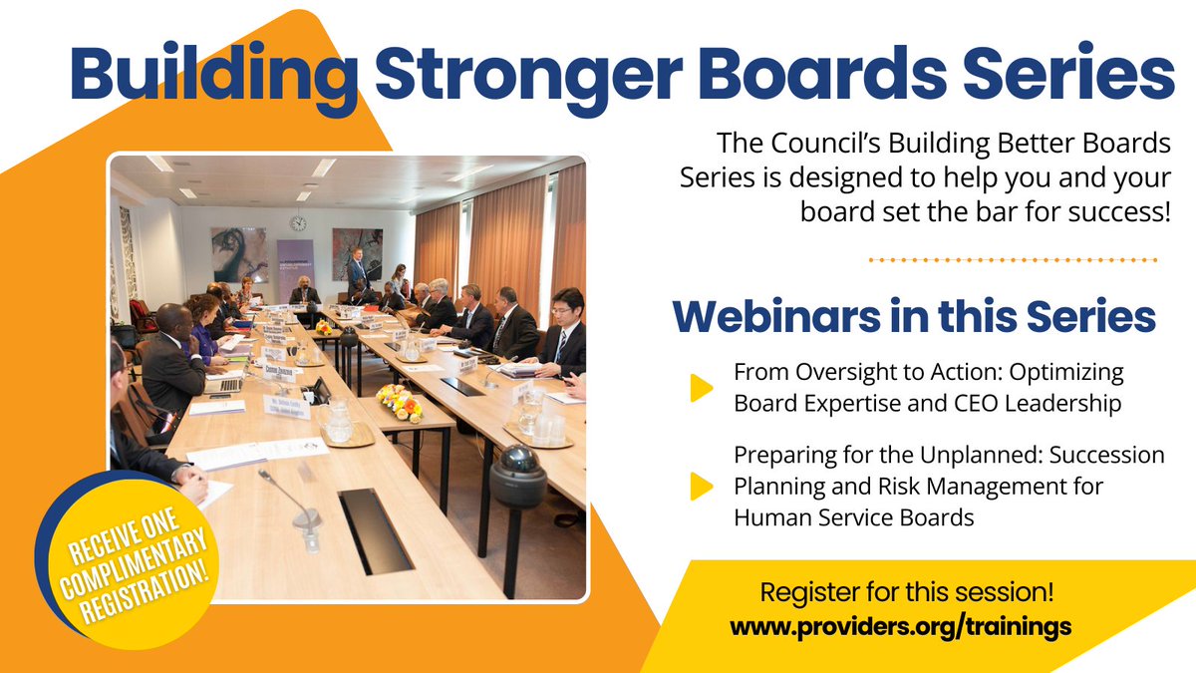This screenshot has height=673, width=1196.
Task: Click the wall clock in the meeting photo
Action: tap(298, 223)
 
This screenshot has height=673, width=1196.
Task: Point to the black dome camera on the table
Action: tap(518, 476)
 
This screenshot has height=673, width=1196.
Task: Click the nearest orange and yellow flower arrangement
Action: tap(400, 403)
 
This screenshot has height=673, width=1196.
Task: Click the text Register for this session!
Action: tap(906, 592)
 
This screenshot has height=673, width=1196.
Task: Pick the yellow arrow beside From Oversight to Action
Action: tap(702, 388)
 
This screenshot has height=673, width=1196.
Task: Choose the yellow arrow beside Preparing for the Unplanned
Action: tap(702, 485)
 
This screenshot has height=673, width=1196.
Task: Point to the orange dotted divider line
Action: tap(1012, 259)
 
